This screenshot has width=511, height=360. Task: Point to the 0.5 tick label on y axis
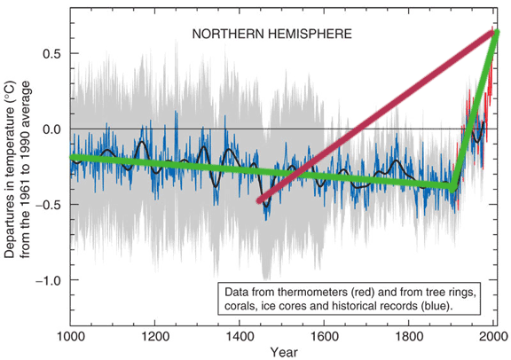pyautogui.click(x=51, y=53)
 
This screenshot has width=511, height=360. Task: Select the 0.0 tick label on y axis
pyautogui.click(x=51, y=129)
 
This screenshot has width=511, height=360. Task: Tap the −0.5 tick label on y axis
pyautogui.click(x=48, y=205)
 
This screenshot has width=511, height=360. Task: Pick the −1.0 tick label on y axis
pyautogui.click(x=48, y=280)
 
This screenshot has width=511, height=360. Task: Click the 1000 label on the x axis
pyautogui.click(x=71, y=336)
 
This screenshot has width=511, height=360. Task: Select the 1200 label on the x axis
pyautogui.click(x=155, y=336)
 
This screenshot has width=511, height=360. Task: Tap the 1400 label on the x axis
pyautogui.click(x=240, y=336)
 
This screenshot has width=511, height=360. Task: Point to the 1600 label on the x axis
pyautogui.click(x=324, y=336)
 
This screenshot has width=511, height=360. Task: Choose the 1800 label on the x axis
pyautogui.click(x=408, y=336)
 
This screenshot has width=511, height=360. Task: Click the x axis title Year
pyautogui.click(x=284, y=352)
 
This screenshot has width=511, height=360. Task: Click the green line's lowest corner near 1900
pyautogui.click(x=452, y=188)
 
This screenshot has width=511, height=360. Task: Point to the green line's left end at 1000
pyautogui.click(x=73, y=157)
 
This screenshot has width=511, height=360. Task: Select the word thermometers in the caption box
pyautogui.click(x=313, y=293)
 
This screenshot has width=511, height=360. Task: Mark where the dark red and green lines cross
pyautogui.click(x=297, y=175)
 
